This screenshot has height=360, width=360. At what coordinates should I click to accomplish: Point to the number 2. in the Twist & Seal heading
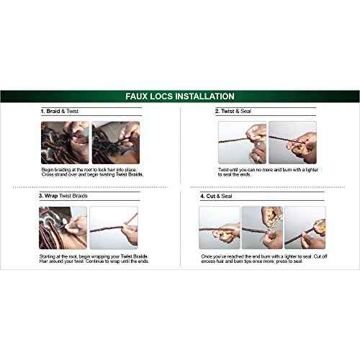coord(217,112)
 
